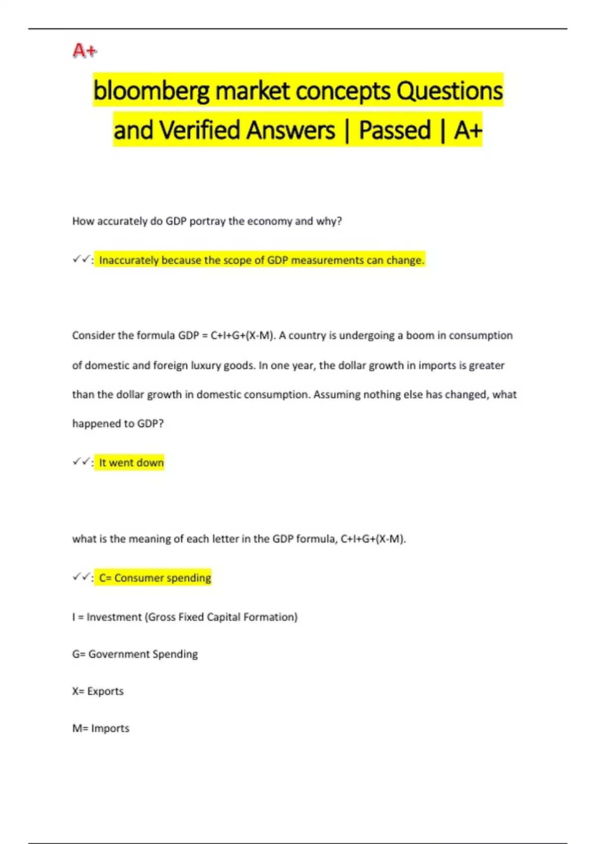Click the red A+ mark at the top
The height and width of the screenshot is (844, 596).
pos(84,51)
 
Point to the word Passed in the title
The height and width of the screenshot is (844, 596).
pos(394,131)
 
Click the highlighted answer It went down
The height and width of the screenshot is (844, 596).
pos(131,463)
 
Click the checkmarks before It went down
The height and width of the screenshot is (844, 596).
pos(80,462)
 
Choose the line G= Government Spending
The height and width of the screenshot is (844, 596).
pos(135,654)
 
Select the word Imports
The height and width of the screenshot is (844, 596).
pos(110,728)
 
